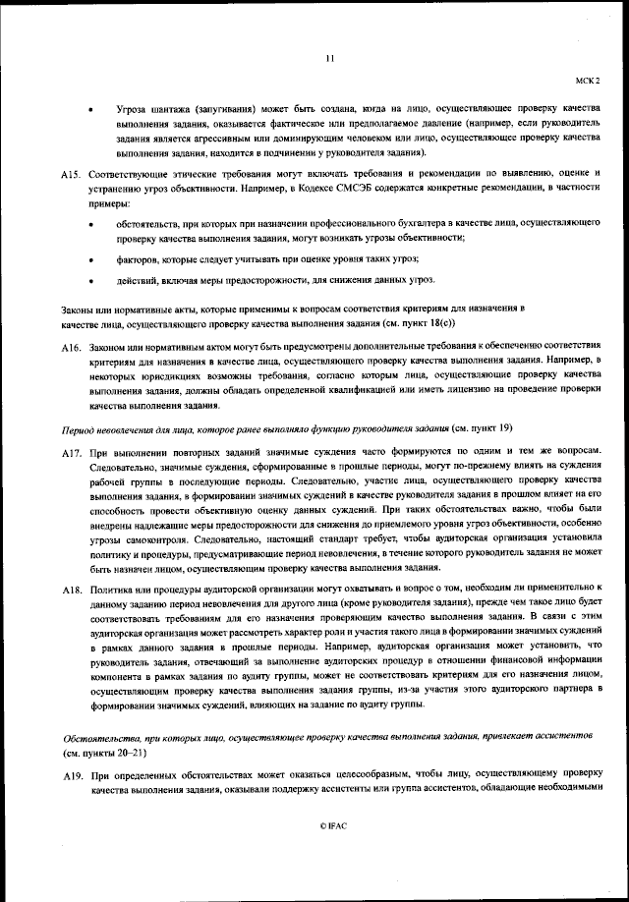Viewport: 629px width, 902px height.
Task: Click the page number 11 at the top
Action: click(329, 59)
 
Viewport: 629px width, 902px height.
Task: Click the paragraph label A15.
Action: click(70, 173)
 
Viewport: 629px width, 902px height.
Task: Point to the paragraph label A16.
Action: click(70, 349)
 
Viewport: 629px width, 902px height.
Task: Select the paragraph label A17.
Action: click(70, 455)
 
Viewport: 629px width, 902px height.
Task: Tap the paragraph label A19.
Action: click(70, 776)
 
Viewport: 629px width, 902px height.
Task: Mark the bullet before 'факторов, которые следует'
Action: click(91, 259)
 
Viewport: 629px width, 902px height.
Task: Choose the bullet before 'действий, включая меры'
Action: click(91, 282)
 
